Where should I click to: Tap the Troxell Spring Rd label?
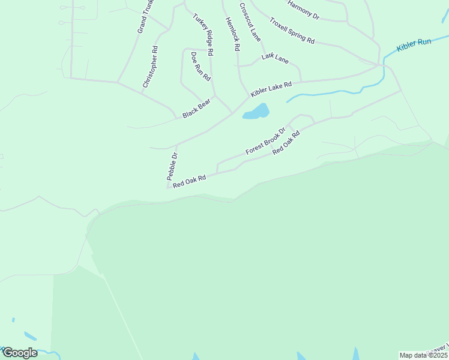pos(292,31)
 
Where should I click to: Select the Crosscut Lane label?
pos(250,22)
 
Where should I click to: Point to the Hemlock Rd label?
pos(232,34)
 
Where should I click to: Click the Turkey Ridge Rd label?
pos(203,35)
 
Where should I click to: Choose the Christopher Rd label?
pos(150,67)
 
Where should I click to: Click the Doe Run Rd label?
pos(200,67)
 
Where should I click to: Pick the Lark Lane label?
pos(275,58)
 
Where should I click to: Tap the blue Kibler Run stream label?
pos(414,46)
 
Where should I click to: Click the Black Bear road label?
pos(197,108)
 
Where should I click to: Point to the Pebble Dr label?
pos(172,167)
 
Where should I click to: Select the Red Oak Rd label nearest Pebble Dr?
pos(189,181)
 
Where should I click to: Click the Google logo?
pos(19,353)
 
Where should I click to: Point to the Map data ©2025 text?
pos(423,355)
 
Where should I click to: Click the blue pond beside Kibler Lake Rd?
pos(257,112)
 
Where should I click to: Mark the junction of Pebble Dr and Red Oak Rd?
pos(168,187)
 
